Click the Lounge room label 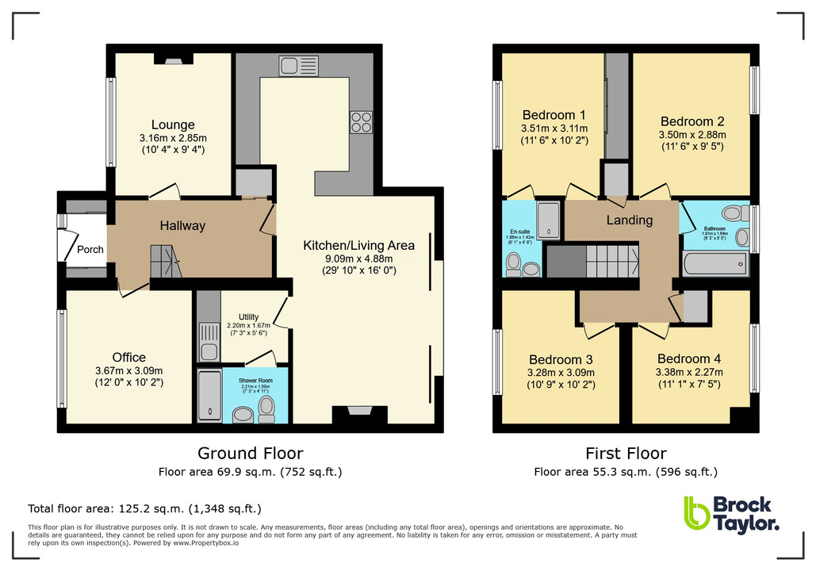coord(173,125)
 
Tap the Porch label coord(90,249)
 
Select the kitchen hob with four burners coord(361,121)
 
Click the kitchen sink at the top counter coord(298,65)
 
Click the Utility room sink coord(209,342)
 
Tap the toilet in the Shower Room coord(267,408)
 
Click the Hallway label coord(182,226)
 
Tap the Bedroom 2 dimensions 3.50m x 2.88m coord(692,136)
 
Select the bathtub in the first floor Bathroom coord(714,263)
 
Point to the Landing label coord(630,220)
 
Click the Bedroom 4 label coord(684,358)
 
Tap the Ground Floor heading coord(250,454)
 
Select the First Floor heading coord(626,454)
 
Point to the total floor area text coord(144,508)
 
